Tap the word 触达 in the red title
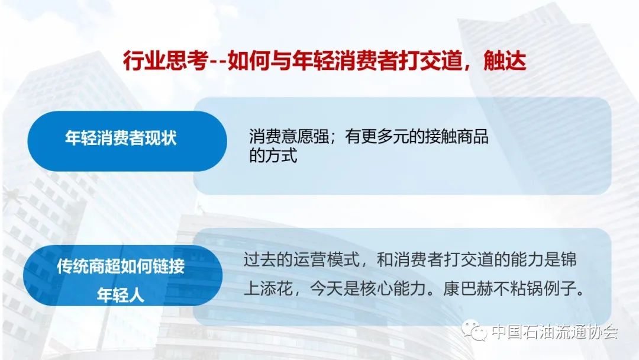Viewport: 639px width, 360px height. [x=505, y=61]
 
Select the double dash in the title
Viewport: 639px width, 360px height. [x=218, y=62]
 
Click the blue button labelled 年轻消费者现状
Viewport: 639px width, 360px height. [x=127, y=141]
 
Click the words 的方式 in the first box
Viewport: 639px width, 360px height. [x=273, y=155]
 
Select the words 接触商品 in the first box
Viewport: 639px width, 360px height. [x=456, y=137]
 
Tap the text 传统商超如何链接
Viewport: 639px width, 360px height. [x=121, y=266]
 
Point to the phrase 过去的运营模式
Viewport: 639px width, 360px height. [x=302, y=259]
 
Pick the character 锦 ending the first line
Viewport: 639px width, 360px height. [x=568, y=259]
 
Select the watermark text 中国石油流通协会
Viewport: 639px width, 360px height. [x=554, y=332]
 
